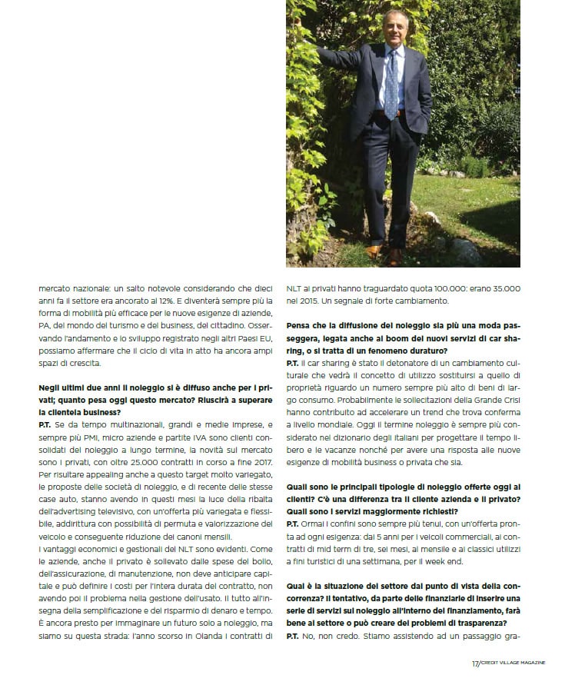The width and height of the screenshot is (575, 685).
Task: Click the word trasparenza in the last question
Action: click(x=484, y=622)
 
